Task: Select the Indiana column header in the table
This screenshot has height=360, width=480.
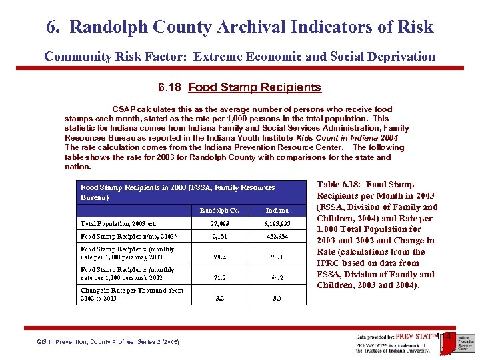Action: (x=277, y=210)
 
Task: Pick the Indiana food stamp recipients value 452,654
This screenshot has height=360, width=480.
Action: (x=277, y=236)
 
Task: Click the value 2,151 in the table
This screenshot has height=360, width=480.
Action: (x=220, y=236)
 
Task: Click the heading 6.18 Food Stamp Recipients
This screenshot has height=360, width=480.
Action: (x=239, y=87)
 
